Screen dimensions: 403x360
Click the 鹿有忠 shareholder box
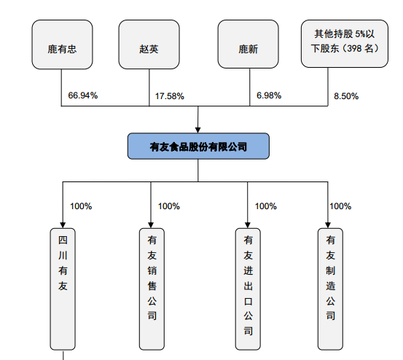[x=62, y=44]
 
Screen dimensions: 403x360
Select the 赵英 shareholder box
[x=149, y=44]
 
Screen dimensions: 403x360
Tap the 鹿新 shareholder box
[x=248, y=44]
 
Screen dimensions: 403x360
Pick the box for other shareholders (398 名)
[x=345, y=44]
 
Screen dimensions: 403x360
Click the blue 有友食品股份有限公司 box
[x=198, y=146]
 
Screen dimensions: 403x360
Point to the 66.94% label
[x=83, y=95]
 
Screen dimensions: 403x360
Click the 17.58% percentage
[x=170, y=96]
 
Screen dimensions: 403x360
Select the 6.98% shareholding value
[x=269, y=95]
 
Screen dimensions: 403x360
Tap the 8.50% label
[x=346, y=96]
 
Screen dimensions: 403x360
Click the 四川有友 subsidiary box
[x=63, y=289]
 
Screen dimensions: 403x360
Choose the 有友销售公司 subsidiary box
[x=152, y=289]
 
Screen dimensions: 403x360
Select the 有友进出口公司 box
[x=248, y=289]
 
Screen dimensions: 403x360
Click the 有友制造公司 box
[x=331, y=289]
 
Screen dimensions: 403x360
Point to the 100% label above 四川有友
[x=81, y=206]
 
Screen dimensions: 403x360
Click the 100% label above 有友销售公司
[x=169, y=206]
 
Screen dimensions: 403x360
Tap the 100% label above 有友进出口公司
[x=266, y=206]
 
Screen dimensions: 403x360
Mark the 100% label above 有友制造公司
[x=340, y=206]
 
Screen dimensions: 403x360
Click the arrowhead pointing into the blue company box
[x=198, y=130]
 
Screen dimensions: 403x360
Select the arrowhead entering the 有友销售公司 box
[x=151, y=225]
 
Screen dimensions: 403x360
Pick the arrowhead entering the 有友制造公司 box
[x=328, y=225]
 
